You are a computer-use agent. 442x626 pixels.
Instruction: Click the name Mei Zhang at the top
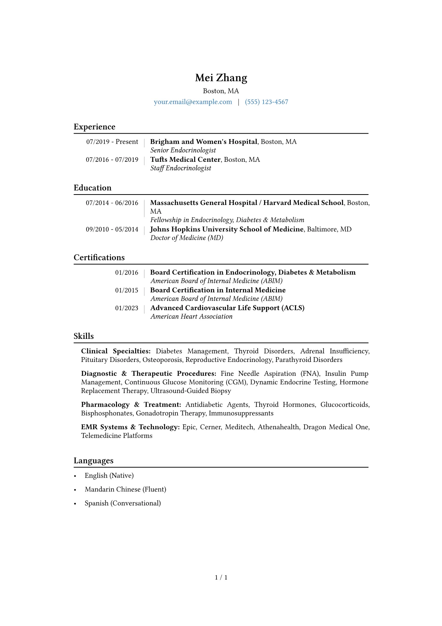pyautogui.click(x=221, y=78)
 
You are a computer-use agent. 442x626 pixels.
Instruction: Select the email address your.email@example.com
pyautogui.click(x=193, y=102)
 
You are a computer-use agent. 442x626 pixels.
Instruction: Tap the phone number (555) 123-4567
pyautogui.click(x=266, y=102)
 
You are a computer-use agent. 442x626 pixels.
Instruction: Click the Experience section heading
pyautogui.click(x=94, y=127)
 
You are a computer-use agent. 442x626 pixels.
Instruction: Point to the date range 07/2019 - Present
pyautogui.click(x=112, y=142)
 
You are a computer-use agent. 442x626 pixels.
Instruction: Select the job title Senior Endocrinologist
pyautogui.click(x=183, y=150)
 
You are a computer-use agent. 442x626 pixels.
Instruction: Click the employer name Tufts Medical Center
pyautogui.click(x=185, y=160)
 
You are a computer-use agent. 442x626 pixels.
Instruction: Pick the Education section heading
pyautogui.click(x=92, y=188)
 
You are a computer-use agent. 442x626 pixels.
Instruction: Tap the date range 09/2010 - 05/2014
pyautogui.click(x=112, y=229)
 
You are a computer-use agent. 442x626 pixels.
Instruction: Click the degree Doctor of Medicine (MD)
pyautogui.click(x=187, y=238)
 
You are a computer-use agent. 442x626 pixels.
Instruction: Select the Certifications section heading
pyautogui.click(x=99, y=258)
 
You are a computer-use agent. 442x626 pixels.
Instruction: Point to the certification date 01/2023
pyautogui.click(x=127, y=308)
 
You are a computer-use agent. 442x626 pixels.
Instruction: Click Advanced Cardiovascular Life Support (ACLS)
pyautogui.click(x=227, y=308)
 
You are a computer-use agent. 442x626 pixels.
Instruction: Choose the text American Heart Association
pyautogui.click(x=191, y=317)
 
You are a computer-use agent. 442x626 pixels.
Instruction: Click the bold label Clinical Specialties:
pyautogui.click(x=116, y=351)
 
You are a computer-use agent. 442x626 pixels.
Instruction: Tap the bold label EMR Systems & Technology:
pyautogui.click(x=130, y=427)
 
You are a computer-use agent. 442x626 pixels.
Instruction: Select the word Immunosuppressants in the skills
pyautogui.click(x=241, y=413)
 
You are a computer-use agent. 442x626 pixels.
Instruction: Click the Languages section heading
pyautogui.click(x=94, y=461)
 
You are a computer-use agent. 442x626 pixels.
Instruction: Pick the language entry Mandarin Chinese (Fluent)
pyautogui.click(x=126, y=489)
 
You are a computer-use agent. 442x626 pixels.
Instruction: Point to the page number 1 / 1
pyautogui.click(x=221, y=578)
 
